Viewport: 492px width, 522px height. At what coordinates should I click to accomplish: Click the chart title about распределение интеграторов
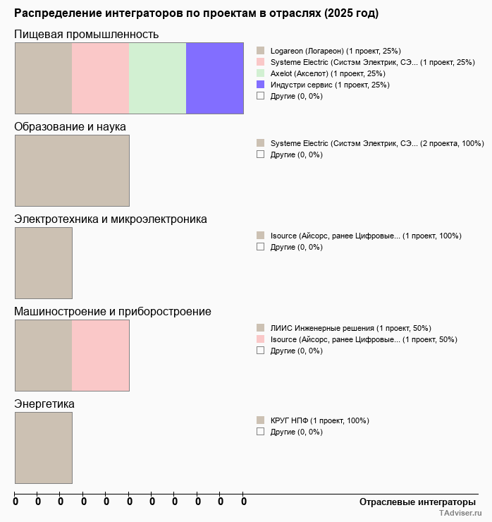(196, 13)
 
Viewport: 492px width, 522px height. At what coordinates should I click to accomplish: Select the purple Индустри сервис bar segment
(214, 78)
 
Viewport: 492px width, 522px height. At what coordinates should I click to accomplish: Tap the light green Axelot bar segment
(157, 78)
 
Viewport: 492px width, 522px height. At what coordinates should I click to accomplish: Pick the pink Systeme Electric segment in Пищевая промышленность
(100, 78)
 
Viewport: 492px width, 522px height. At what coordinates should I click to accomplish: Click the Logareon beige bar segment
(43, 78)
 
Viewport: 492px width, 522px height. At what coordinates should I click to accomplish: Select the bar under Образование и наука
(72, 171)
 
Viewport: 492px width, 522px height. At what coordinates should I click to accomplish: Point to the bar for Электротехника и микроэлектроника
(43, 263)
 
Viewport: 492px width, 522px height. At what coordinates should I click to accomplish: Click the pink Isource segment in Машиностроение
(100, 356)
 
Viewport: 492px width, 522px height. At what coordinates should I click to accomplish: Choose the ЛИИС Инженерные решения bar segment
(43, 356)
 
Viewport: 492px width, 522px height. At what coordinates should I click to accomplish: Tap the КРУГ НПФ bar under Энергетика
(43, 448)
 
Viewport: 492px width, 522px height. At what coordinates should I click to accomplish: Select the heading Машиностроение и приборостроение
(113, 312)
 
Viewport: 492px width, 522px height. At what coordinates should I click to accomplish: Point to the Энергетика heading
(44, 404)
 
